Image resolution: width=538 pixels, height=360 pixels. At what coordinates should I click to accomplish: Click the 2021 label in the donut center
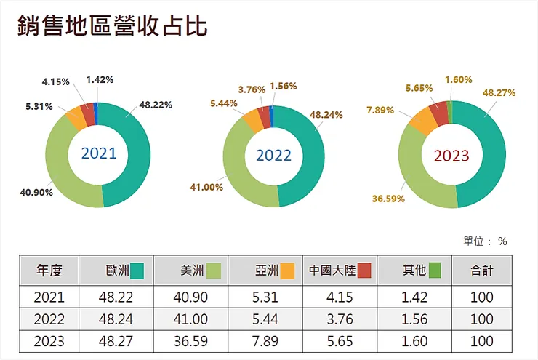tap(98, 153)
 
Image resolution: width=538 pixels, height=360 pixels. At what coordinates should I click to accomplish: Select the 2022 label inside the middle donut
tap(273, 155)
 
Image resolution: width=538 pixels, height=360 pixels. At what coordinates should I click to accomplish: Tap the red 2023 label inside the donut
tap(451, 155)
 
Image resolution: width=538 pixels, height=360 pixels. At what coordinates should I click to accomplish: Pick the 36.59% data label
tap(388, 196)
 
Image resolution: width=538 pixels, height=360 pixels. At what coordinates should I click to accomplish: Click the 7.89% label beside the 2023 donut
tap(381, 110)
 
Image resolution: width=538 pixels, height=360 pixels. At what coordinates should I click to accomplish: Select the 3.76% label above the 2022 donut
tap(252, 89)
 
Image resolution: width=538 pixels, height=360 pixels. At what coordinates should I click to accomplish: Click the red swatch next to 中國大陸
tap(365, 271)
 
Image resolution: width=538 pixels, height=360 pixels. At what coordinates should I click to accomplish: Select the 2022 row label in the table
tap(49, 319)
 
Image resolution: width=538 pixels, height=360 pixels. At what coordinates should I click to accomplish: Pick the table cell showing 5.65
tap(340, 341)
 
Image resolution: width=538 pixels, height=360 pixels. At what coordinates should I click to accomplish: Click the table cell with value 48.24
tap(116, 319)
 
